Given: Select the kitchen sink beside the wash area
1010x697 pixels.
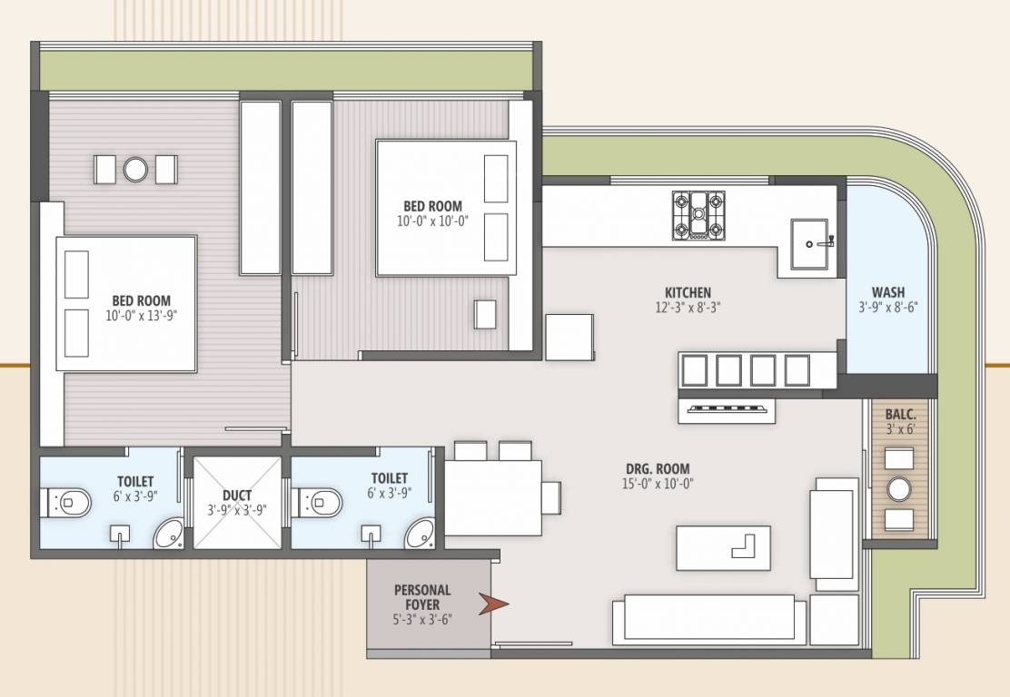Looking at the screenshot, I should (x=809, y=243).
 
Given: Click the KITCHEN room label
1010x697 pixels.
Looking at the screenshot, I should (x=688, y=292).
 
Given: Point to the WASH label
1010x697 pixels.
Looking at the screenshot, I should (x=887, y=292).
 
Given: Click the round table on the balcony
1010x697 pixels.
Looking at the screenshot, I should (x=899, y=489).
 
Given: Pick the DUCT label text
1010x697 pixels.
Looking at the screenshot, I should (x=236, y=496).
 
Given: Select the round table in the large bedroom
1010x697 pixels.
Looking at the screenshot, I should (x=135, y=169).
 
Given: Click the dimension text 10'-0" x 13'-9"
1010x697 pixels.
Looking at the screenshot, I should (x=141, y=316).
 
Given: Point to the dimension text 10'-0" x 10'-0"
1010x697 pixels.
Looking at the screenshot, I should (x=432, y=221).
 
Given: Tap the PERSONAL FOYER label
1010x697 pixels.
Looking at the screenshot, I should (x=422, y=597).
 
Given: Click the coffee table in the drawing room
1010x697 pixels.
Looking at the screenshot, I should (x=723, y=547).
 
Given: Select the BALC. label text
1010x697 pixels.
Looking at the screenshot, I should (x=900, y=415).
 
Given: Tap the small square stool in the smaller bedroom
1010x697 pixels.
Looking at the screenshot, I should (x=485, y=314).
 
